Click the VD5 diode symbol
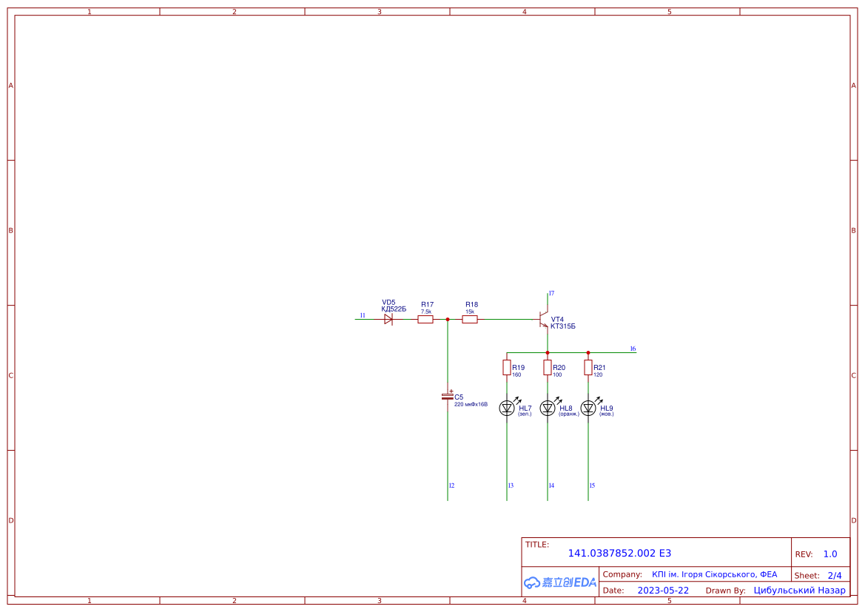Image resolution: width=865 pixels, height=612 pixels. (x=388, y=320)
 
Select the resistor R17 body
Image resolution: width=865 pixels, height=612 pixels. (x=425, y=320)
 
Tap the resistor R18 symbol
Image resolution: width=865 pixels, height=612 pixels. (x=470, y=320)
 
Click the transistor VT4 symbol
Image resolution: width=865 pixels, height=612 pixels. (x=544, y=320)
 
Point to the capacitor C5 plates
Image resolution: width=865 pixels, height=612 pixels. (x=448, y=397)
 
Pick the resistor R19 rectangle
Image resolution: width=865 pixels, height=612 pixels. (x=507, y=368)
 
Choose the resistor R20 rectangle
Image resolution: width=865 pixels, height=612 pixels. (x=548, y=368)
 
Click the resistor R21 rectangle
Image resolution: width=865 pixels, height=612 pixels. (x=588, y=368)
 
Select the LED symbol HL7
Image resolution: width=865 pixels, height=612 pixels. (x=507, y=408)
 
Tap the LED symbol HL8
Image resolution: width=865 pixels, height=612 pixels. (x=548, y=408)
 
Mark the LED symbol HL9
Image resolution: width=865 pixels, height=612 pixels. (x=588, y=408)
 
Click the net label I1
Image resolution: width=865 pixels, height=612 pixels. (x=363, y=316)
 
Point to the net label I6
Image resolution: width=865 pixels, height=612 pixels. (x=633, y=349)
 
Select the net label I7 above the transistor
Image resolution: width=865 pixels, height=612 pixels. (x=551, y=294)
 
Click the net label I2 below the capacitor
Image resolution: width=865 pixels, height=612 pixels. (x=451, y=485)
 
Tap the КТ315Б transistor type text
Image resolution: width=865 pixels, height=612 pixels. (x=563, y=326)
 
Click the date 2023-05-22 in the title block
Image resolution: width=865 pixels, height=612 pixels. (x=663, y=591)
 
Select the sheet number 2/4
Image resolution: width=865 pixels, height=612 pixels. (x=834, y=575)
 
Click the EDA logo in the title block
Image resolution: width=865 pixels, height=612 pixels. (x=560, y=582)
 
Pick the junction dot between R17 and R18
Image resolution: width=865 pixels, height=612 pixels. (x=448, y=320)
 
